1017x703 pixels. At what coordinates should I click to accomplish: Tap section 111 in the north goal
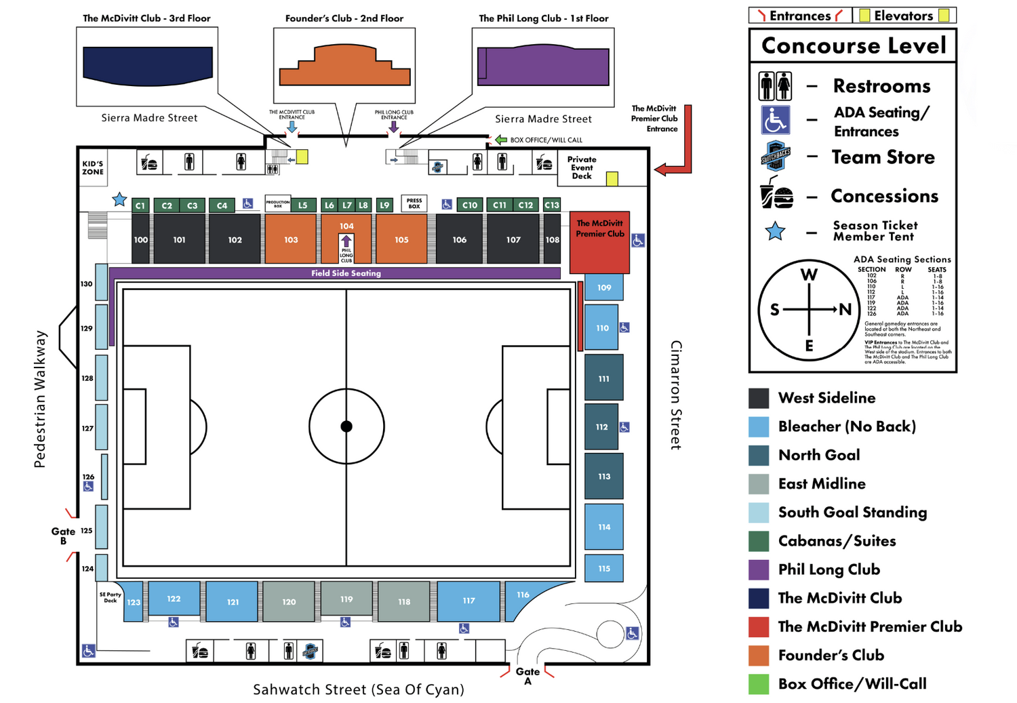603,378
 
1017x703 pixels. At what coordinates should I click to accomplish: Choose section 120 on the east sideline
289,601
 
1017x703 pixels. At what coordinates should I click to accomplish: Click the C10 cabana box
469,205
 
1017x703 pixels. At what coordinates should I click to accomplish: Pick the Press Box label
414,203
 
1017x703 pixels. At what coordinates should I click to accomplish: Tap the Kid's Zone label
93,167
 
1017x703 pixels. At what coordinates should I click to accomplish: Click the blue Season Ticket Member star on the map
119,199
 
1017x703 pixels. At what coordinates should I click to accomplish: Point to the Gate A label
527,675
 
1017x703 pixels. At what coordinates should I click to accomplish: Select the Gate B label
63,536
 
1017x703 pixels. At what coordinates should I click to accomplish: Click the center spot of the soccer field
346,426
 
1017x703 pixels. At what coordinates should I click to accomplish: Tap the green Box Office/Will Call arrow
501,140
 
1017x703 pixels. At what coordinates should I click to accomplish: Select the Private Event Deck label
582,167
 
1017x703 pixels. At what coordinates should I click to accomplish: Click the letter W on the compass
809,275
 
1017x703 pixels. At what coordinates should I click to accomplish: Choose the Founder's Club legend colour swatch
759,655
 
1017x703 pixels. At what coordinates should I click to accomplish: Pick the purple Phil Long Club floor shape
543,66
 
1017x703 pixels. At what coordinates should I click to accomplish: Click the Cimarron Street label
675,395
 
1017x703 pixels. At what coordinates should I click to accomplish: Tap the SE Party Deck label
110,597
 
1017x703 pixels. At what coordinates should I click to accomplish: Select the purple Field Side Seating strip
346,273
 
